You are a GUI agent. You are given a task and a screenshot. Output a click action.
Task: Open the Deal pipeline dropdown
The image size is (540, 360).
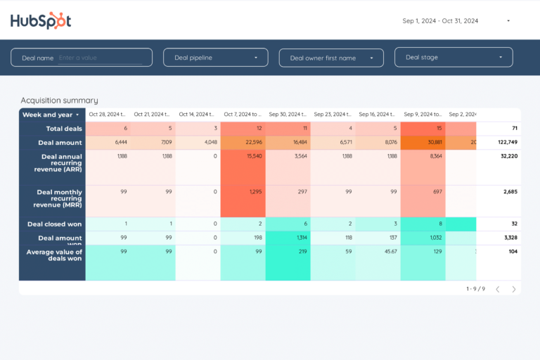pos(215,58)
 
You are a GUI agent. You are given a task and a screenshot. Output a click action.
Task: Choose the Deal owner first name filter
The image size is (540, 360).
pos(331,58)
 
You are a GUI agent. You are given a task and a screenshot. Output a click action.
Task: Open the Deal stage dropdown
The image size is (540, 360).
pos(454,58)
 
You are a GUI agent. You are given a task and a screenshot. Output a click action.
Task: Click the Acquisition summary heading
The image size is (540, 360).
pos(59,101)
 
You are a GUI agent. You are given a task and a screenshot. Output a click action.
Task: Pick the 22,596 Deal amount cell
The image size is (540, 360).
pos(243,142)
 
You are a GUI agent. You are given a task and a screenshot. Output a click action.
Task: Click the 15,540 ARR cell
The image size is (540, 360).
pos(243,156)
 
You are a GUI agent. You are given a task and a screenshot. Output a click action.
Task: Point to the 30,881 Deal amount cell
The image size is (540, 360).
pos(423,142)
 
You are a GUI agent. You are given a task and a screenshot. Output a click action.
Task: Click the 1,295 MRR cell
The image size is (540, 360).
pos(243,192)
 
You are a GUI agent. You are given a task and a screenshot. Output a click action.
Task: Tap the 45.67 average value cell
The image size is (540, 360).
pos(378,252)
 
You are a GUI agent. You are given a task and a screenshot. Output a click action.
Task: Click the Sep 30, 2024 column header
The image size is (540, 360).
pos(288,115)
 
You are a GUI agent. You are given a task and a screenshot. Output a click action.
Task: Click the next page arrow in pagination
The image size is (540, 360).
pos(514,289)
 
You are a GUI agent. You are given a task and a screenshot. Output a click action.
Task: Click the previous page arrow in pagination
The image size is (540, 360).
pos(498,289)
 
